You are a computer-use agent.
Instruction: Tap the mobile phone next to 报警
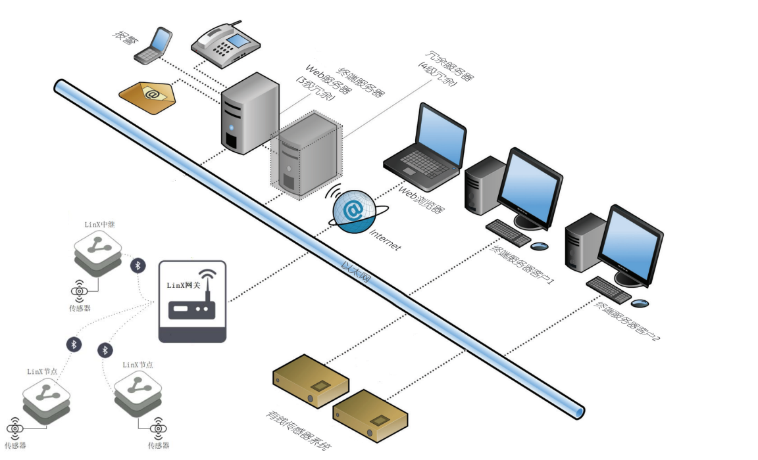(x=153, y=47)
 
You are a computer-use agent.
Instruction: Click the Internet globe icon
(x=354, y=210)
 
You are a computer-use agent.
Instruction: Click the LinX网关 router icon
(x=193, y=301)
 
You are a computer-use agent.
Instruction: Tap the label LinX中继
(x=99, y=225)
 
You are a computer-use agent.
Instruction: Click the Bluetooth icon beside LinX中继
(x=138, y=265)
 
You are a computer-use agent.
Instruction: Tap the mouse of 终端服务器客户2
(x=639, y=303)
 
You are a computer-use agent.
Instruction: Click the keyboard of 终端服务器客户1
(x=507, y=232)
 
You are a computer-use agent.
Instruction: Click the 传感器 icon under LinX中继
(x=79, y=290)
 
